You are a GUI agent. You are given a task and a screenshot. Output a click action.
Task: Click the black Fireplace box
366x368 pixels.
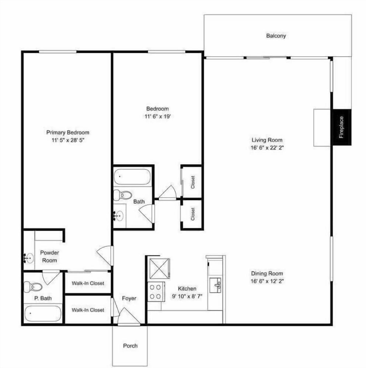click(x=342, y=127)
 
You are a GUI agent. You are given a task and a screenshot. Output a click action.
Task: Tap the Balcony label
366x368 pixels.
click(x=276, y=36)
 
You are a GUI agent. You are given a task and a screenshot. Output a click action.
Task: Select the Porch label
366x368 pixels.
click(x=130, y=346)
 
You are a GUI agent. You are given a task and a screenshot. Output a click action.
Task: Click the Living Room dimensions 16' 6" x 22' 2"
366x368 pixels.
click(x=267, y=147)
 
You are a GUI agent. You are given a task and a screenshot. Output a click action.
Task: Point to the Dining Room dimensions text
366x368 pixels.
click(x=267, y=281)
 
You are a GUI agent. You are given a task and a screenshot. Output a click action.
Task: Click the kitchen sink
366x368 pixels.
click(x=215, y=284)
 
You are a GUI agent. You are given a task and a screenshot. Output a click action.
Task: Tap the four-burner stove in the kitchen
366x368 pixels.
click(x=156, y=291)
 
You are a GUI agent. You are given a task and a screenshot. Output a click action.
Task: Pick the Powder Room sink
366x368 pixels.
click(x=28, y=258)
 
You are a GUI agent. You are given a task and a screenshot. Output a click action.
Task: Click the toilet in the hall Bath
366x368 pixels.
click(x=123, y=195)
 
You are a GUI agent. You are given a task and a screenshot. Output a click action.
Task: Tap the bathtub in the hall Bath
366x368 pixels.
click(x=132, y=177)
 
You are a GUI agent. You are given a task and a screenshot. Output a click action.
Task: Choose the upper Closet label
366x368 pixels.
click(x=192, y=182)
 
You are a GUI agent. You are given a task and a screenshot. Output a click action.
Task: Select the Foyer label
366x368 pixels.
click(x=129, y=298)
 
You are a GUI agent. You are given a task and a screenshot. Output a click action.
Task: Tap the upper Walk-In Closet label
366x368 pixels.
click(x=88, y=283)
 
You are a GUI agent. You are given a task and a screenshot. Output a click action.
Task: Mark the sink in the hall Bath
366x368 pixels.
click(x=119, y=215)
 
